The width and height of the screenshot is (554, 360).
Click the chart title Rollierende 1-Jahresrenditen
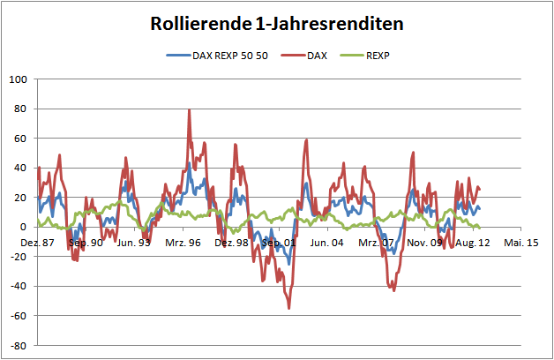point(277,24)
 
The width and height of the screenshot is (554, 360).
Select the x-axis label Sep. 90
point(86,242)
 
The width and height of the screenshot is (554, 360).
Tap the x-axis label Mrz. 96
point(183,242)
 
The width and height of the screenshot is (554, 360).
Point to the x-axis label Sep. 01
point(280,242)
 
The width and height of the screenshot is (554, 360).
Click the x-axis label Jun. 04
point(328,242)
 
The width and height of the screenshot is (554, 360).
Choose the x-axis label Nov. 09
point(424,242)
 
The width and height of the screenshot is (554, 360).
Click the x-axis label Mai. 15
point(521,242)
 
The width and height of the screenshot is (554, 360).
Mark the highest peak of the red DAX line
point(189,110)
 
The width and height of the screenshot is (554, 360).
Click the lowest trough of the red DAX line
point(288,308)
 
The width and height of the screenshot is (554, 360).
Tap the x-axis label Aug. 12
point(473,242)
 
